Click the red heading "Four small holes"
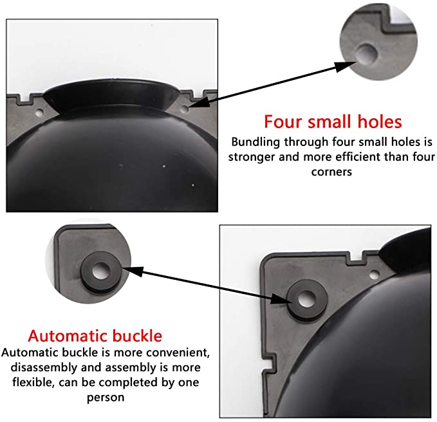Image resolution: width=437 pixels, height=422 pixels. (333, 122)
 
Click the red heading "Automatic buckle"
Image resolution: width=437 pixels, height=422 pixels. (95, 336)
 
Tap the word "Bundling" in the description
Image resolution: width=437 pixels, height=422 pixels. (256, 142)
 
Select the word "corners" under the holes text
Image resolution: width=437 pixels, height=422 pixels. (331, 172)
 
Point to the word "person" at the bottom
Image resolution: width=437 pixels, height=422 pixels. (106, 398)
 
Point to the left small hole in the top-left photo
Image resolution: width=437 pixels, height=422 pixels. (39, 113)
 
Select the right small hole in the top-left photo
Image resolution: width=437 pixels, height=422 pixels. (184, 109)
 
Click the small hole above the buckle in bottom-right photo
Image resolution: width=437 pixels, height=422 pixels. (374, 275)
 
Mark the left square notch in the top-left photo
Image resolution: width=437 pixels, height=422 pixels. (25, 98)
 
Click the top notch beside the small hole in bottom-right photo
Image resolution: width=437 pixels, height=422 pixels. (356, 256)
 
